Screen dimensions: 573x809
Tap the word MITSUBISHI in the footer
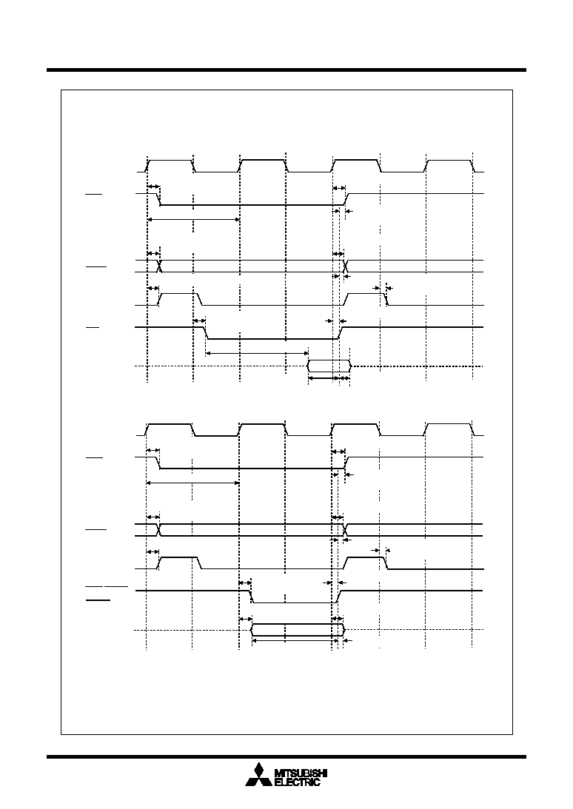pos(301,773)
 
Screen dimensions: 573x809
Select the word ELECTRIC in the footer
pos(298,782)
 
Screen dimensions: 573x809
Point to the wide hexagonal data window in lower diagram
pos(298,630)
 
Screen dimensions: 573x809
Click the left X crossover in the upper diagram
pos(159,266)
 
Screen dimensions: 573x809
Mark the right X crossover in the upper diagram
pos(345,266)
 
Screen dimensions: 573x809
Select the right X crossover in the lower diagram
pos(345,530)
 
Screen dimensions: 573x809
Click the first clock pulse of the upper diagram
pos(170,166)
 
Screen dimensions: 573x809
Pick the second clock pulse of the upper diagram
pos(264,166)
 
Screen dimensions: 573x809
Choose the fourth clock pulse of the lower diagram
pos(449,429)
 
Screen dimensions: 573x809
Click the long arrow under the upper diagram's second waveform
pos(193,220)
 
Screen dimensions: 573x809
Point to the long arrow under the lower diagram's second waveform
pos(193,483)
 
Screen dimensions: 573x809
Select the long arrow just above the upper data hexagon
pos(257,353)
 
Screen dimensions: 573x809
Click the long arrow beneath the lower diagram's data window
pos(292,641)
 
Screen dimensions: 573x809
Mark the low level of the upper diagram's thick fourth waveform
pos(272,339)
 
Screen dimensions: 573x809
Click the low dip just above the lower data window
pos(293,602)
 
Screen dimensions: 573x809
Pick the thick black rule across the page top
pos(286,70)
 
